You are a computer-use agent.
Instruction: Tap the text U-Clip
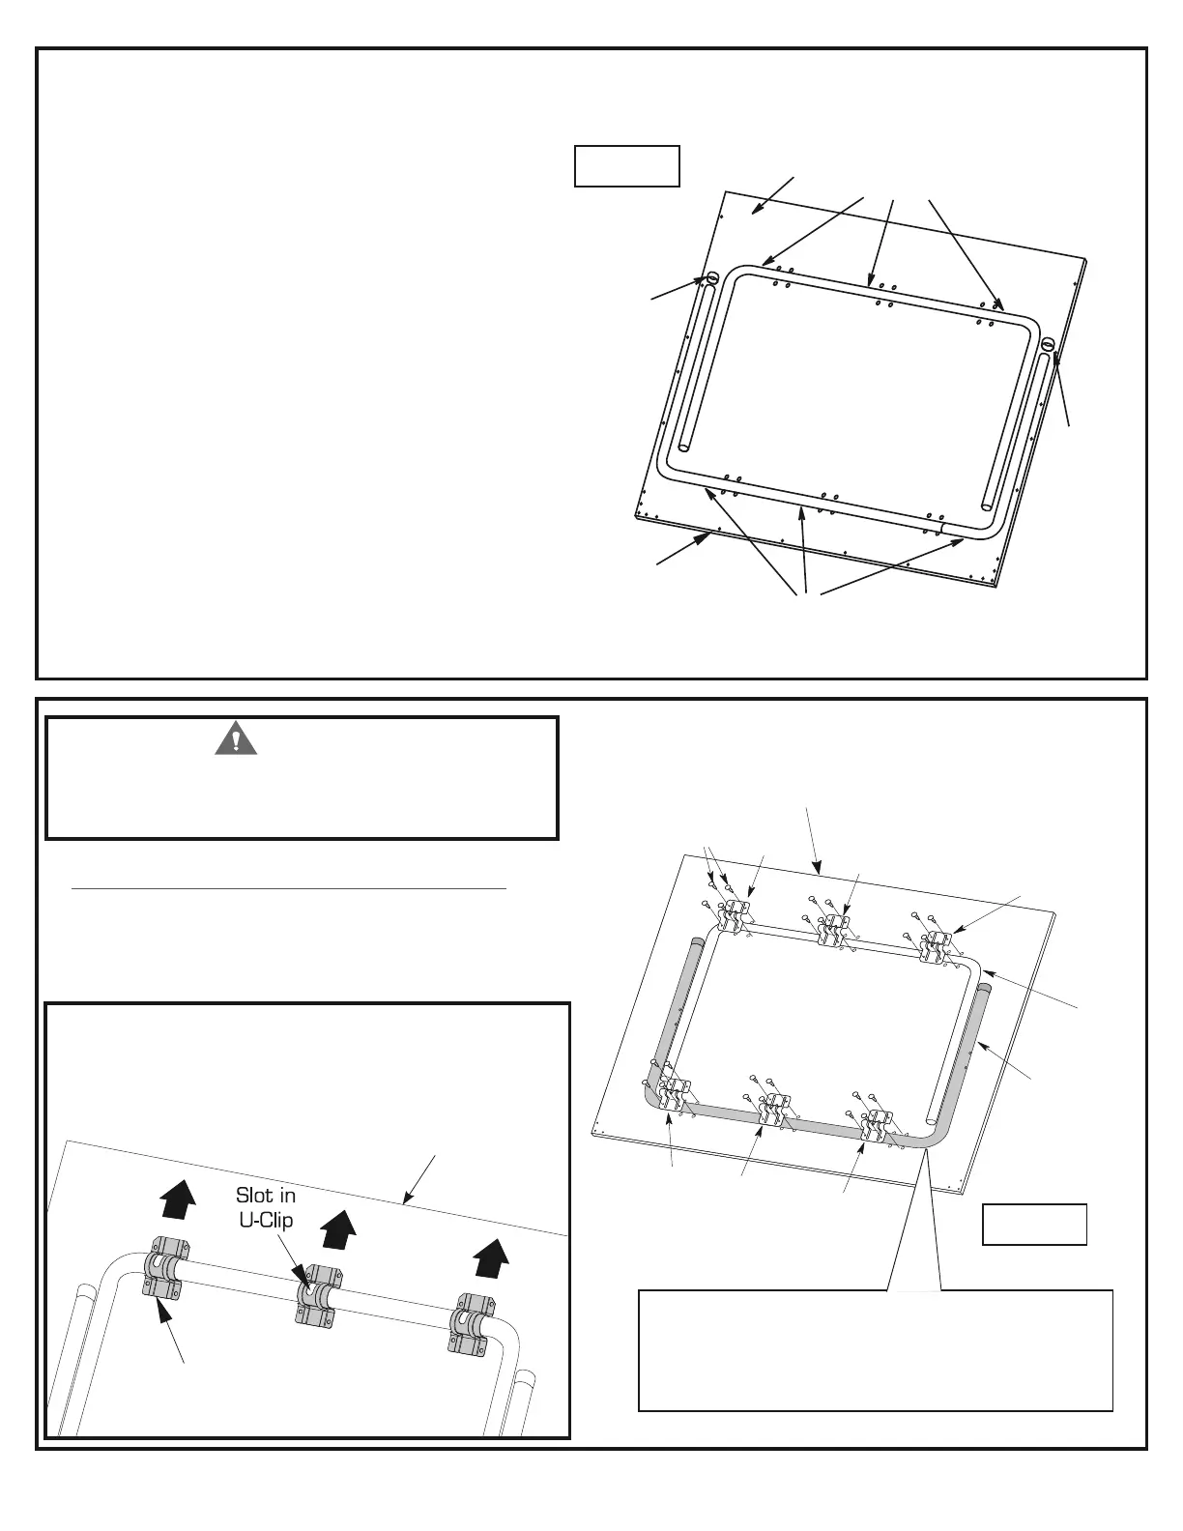pyautogui.click(x=266, y=1220)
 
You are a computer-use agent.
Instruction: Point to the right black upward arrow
pyautogui.click(x=493, y=1260)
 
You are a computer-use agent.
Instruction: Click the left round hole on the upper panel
pyautogui.click(x=712, y=278)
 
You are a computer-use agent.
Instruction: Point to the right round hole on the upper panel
pyautogui.click(x=1048, y=342)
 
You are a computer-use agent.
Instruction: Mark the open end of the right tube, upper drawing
pyautogui.click(x=987, y=504)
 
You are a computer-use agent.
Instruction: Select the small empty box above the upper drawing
pyautogui.click(x=626, y=165)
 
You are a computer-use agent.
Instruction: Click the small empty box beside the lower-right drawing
pyautogui.click(x=1034, y=1224)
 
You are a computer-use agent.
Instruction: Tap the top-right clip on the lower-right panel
pyautogui.click(x=937, y=946)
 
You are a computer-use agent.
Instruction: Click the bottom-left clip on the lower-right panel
pyautogui.click(x=674, y=1093)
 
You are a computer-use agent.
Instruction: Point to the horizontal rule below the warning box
pyautogui.click(x=290, y=887)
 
